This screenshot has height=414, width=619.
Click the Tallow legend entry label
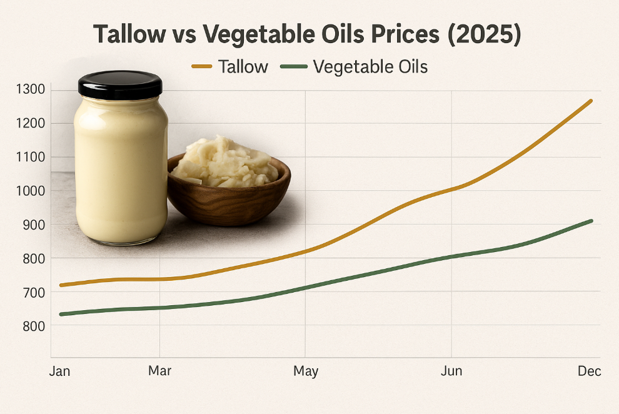(x=243, y=66)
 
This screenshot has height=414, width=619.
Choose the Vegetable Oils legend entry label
(x=370, y=66)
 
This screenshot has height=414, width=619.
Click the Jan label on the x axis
(x=59, y=371)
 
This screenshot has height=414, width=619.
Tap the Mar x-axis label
(x=159, y=371)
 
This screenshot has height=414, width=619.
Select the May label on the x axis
(x=306, y=371)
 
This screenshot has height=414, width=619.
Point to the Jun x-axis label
(x=451, y=371)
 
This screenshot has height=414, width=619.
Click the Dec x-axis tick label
(x=589, y=371)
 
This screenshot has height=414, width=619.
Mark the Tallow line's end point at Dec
(x=591, y=101)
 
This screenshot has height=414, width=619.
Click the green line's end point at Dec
(x=591, y=221)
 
